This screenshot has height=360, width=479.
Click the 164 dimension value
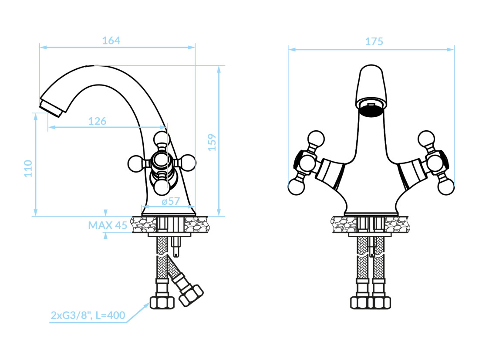coord(111,41)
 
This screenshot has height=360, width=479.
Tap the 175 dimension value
coord(374,41)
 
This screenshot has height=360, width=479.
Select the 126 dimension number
coord(97,121)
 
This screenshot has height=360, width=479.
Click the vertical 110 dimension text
coord(28,168)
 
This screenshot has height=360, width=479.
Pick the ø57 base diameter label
coord(171,201)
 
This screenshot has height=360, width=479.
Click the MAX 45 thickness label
coord(108,225)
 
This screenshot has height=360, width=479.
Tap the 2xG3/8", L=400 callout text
coord(88,315)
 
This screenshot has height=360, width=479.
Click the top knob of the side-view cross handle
coord(162,139)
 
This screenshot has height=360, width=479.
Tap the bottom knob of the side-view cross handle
coord(162,187)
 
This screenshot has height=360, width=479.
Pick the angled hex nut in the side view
coord(191,295)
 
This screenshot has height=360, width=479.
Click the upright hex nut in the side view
coord(162,302)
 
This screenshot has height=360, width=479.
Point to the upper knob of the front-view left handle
coord(316,139)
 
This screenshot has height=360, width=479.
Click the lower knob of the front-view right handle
coord(446,186)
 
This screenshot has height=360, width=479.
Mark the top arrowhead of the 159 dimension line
coord(219,69)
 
